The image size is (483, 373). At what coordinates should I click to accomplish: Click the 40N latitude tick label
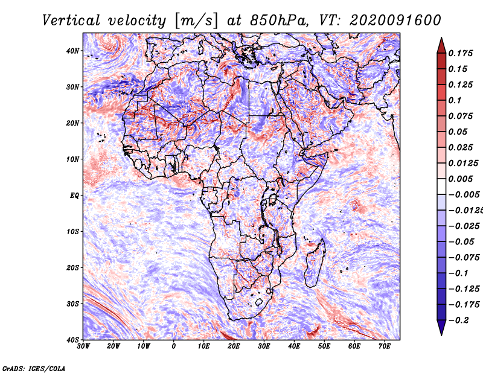click(72, 51)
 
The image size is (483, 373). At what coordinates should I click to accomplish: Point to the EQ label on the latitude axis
click(74, 196)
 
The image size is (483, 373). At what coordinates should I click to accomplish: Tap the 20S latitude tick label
click(72, 267)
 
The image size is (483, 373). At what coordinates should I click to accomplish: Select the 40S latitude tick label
click(72, 340)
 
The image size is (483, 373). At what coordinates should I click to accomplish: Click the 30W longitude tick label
click(83, 346)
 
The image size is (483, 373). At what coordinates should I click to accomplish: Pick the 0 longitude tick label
click(174, 346)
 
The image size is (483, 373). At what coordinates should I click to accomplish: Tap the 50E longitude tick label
click(324, 346)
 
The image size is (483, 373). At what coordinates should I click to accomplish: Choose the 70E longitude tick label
click(385, 346)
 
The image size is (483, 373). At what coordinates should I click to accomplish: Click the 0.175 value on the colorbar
click(460, 53)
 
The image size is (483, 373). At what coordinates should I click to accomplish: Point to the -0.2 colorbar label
click(458, 320)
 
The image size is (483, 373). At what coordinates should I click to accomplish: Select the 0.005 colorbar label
click(460, 179)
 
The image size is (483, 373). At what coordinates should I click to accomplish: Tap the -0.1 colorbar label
click(458, 273)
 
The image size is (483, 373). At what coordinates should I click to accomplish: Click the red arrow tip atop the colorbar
click(441, 38)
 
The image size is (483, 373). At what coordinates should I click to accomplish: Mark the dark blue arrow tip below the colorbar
click(441, 334)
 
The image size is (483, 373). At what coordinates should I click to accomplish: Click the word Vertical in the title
click(71, 21)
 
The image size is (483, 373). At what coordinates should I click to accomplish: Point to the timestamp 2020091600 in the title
click(395, 21)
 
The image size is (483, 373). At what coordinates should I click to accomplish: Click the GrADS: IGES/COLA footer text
click(34, 368)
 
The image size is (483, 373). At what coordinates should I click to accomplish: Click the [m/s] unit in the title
click(196, 21)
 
